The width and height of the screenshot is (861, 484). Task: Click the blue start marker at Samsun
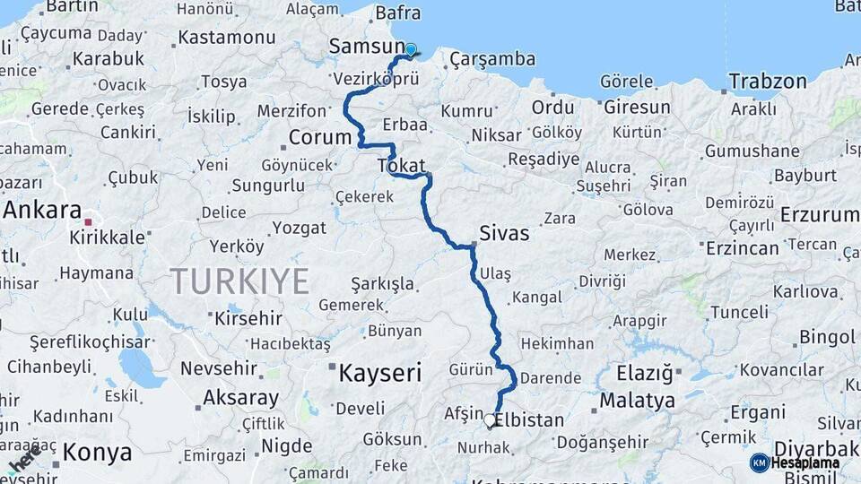(411, 50)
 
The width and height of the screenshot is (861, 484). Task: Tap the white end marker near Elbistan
(490, 419)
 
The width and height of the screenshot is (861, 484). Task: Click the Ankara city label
(42, 210)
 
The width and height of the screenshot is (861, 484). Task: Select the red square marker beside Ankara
(88, 220)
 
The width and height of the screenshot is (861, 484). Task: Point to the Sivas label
(504, 233)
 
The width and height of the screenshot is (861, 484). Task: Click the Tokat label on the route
(401, 166)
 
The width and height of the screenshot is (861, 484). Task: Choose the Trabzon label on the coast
(768, 82)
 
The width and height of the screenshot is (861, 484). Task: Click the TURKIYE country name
(240, 281)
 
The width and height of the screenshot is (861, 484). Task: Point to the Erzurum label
(820, 215)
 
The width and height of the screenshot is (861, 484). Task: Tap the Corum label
(319, 138)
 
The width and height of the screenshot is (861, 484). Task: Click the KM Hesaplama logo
(795, 462)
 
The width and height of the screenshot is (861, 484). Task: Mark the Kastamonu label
(227, 38)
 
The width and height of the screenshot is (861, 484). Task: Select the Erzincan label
(743, 247)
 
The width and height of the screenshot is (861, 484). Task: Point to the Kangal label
(535, 297)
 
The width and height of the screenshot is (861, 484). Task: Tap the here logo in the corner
(24, 460)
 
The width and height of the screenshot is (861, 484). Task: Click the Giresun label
(637, 108)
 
